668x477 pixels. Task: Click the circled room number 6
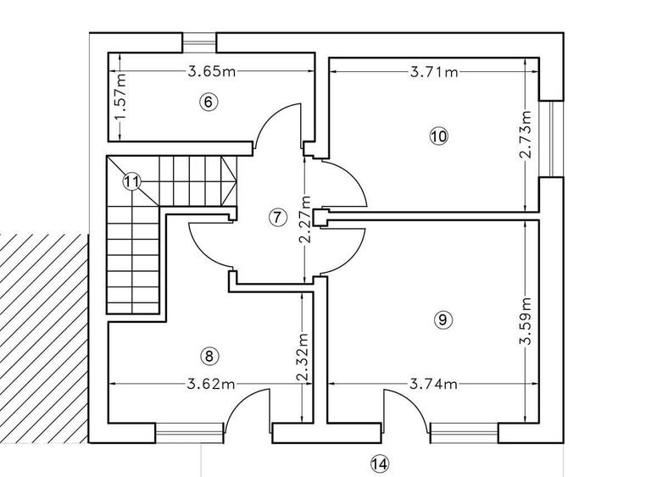[209, 103]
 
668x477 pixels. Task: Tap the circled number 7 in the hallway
[277, 218]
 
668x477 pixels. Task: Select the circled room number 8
[209, 356]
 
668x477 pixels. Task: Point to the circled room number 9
[443, 319]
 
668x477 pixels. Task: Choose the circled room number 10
[439, 136]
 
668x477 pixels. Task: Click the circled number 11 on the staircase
[131, 182]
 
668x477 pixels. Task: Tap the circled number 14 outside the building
[380, 463]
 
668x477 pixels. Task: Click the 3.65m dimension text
[212, 71]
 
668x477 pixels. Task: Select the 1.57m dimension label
[120, 97]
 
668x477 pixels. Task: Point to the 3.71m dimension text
[434, 72]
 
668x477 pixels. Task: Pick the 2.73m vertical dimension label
[526, 134]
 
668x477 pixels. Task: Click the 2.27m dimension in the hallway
[305, 219]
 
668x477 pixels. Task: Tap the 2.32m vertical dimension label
[302, 357]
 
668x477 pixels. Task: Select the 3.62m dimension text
[211, 384]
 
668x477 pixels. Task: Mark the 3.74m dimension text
[434, 385]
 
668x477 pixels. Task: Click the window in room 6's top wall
[200, 42]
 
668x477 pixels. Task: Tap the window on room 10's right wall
[552, 138]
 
